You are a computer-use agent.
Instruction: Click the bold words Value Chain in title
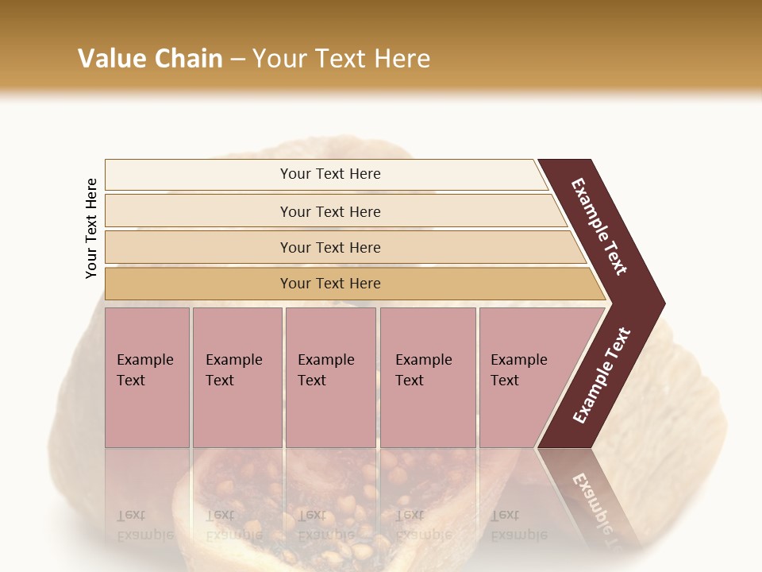tap(150, 59)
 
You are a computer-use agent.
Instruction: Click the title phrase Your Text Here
tap(341, 59)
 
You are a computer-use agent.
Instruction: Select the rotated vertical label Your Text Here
tap(91, 228)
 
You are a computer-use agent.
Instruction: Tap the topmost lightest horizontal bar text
tap(330, 174)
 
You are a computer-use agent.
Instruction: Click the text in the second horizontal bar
tap(330, 212)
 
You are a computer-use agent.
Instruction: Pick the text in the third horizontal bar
tap(330, 248)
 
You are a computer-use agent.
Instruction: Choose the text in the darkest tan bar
tap(330, 284)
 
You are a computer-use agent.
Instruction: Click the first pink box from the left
tap(147, 377)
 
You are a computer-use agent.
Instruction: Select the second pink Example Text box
tap(237, 377)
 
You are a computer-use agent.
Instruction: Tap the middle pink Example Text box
tap(330, 377)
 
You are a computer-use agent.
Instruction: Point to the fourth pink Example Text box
tap(427, 377)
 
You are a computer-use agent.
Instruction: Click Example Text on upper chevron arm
tap(599, 226)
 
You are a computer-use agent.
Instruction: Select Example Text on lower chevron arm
tap(602, 375)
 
